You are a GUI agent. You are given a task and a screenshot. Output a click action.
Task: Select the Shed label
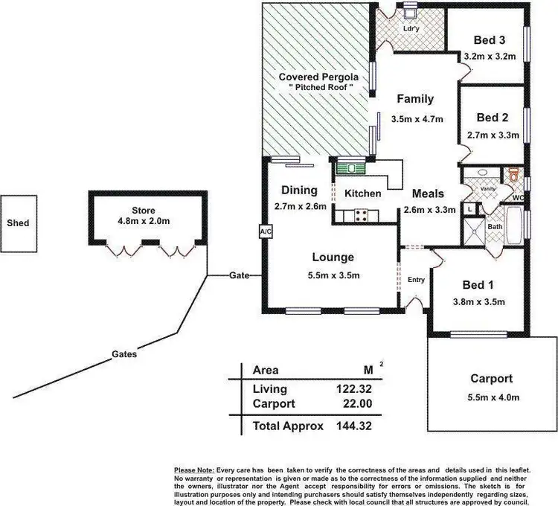click(x=17, y=222)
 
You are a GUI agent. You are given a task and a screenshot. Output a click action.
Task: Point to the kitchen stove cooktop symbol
click(x=362, y=216)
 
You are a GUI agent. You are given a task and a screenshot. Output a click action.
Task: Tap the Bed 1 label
click(x=477, y=286)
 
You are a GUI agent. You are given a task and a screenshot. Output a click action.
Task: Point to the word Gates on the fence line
click(x=125, y=355)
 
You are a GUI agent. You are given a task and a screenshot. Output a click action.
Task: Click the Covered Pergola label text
click(x=318, y=77)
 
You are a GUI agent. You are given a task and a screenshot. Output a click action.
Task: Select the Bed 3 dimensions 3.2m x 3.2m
click(x=489, y=56)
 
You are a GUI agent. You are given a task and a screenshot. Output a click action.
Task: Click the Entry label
click(x=416, y=280)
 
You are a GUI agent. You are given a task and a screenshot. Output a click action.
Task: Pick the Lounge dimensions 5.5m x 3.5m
click(x=333, y=275)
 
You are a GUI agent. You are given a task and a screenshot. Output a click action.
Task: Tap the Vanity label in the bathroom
click(x=487, y=189)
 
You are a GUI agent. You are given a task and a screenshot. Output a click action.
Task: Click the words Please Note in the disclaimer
click(x=193, y=470)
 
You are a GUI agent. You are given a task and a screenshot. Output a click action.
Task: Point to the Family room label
click(x=415, y=99)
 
